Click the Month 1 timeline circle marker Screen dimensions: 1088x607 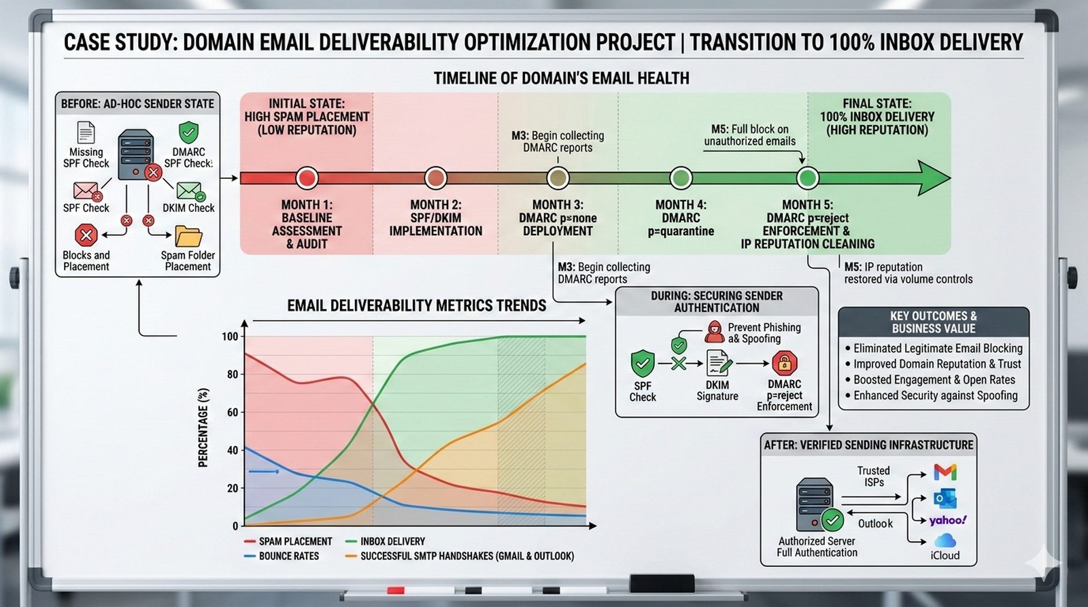click(x=307, y=178)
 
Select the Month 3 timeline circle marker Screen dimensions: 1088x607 click(x=558, y=178)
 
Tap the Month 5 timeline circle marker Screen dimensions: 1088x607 click(x=807, y=178)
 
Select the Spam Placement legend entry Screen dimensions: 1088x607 click(x=288, y=542)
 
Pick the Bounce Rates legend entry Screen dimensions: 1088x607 click(x=282, y=556)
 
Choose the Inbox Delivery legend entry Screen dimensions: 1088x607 click(x=385, y=542)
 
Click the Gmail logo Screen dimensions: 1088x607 click(x=945, y=472)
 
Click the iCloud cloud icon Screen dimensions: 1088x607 click(x=945, y=540)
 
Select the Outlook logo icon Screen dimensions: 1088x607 click(x=945, y=499)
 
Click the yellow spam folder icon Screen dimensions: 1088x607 click(x=188, y=237)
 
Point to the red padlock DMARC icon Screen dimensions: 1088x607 click(x=785, y=363)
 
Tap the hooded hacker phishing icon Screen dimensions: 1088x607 click(x=714, y=332)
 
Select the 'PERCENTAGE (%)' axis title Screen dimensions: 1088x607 click(x=203, y=428)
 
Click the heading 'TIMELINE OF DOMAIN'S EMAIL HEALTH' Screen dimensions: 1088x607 click(x=562, y=78)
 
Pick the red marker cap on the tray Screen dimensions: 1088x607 click(x=395, y=591)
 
